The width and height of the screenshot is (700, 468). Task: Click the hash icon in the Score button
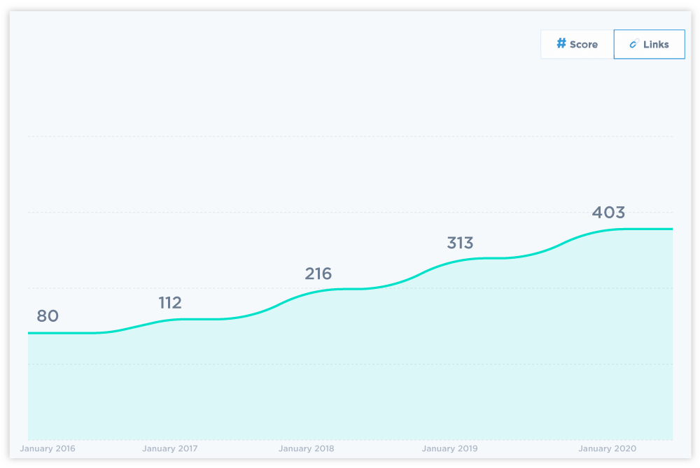pyautogui.click(x=561, y=43)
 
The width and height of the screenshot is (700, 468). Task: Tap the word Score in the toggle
pyautogui.click(x=584, y=45)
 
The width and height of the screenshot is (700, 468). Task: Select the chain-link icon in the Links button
pyautogui.click(x=633, y=44)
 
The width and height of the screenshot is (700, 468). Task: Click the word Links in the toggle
pyautogui.click(x=656, y=45)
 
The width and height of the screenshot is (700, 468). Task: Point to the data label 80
pyautogui.click(x=48, y=316)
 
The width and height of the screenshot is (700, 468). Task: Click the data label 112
pyautogui.click(x=170, y=303)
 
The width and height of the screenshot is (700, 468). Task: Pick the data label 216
pyautogui.click(x=318, y=274)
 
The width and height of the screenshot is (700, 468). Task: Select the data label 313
pyautogui.click(x=460, y=243)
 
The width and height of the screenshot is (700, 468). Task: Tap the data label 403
pyautogui.click(x=608, y=213)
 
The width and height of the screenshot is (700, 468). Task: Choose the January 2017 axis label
pyautogui.click(x=169, y=448)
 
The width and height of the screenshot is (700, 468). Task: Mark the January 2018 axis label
pyautogui.click(x=306, y=448)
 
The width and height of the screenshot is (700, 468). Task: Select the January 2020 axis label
pyautogui.click(x=607, y=448)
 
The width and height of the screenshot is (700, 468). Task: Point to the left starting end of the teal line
pyautogui.click(x=29, y=333)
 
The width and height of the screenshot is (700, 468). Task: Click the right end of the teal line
pyautogui.click(x=672, y=229)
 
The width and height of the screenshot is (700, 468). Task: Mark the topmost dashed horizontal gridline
pyautogui.click(x=350, y=136)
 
